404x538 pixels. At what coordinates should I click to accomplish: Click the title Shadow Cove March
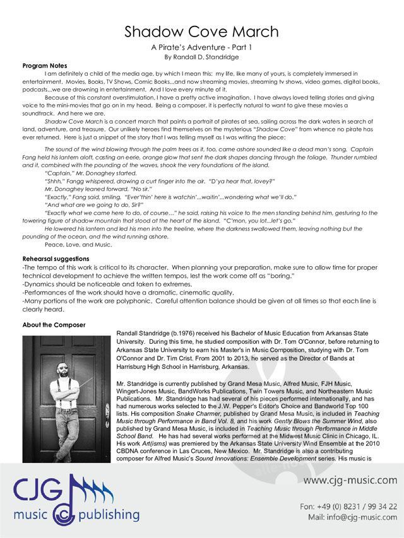(x=202, y=32)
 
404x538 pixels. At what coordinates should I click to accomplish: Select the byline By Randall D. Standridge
(x=202, y=57)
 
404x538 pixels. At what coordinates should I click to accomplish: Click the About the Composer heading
(x=54, y=325)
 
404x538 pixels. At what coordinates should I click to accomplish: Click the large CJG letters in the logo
(x=41, y=489)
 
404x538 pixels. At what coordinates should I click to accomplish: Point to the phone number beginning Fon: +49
(x=348, y=506)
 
